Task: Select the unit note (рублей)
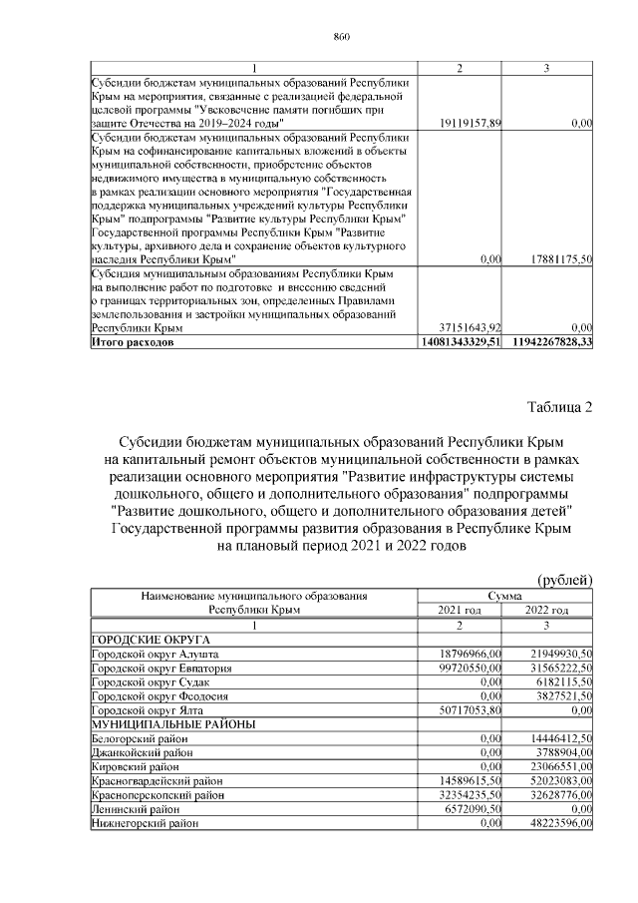coord(565,580)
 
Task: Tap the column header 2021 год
coord(460,610)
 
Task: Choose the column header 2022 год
coord(547,610)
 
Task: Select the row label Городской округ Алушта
coord(154,653)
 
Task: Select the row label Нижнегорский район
coord(145,824)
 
